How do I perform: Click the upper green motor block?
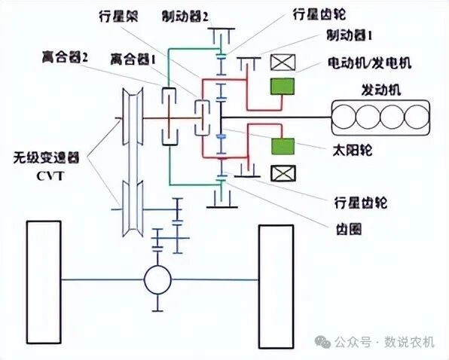(x=283, y=87)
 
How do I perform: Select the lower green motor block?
(x=283, y=145)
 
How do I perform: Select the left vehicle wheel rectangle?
(x=43, y=279)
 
